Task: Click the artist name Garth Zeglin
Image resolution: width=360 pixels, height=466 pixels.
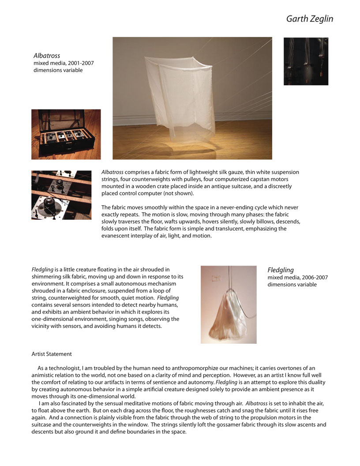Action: pos(309,19)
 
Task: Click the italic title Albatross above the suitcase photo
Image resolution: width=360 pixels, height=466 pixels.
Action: pos(47,56)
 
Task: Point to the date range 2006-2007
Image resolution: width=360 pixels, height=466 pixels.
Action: pos(311,277)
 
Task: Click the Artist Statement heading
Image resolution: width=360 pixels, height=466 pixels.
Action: pos(52,354)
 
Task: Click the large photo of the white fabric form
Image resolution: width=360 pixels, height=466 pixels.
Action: pos(192,98)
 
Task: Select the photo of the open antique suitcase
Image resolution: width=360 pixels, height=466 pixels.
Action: pos(66,134)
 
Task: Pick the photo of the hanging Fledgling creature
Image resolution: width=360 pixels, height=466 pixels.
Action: pos(228,304)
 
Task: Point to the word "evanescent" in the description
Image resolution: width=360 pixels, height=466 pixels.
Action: pos(116,236)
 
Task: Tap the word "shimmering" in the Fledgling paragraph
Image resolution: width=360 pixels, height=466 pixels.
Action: pos(48,276)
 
